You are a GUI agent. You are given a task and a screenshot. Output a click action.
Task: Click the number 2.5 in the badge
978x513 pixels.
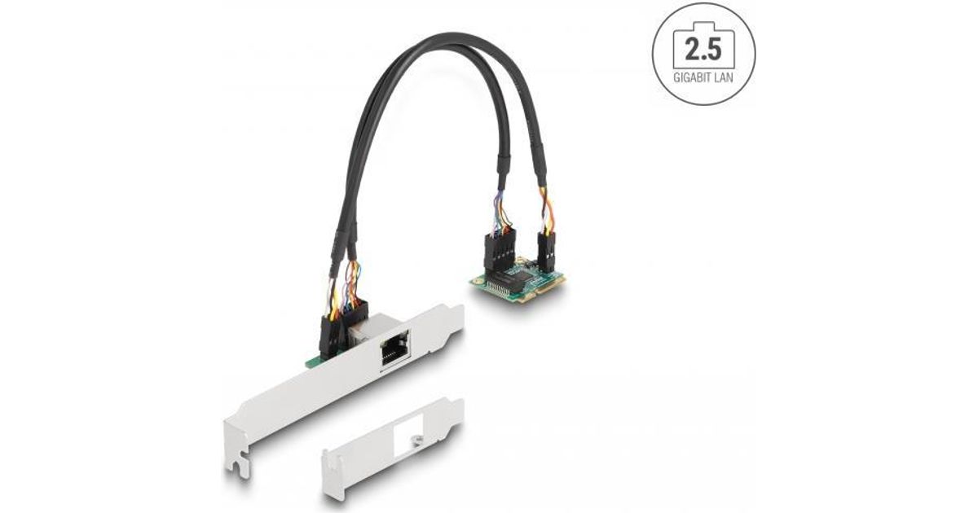coord(703,50)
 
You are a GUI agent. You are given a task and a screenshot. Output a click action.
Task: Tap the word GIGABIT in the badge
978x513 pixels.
coord(694,78)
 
